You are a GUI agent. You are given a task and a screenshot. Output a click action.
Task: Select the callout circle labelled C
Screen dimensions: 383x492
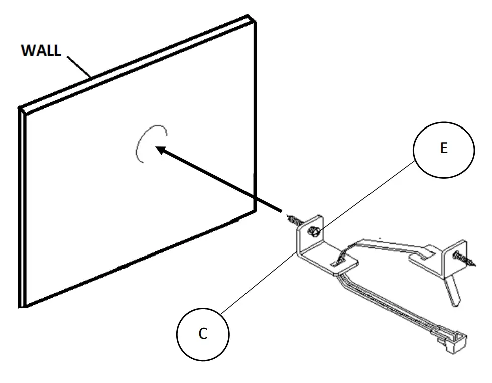[203, 335]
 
